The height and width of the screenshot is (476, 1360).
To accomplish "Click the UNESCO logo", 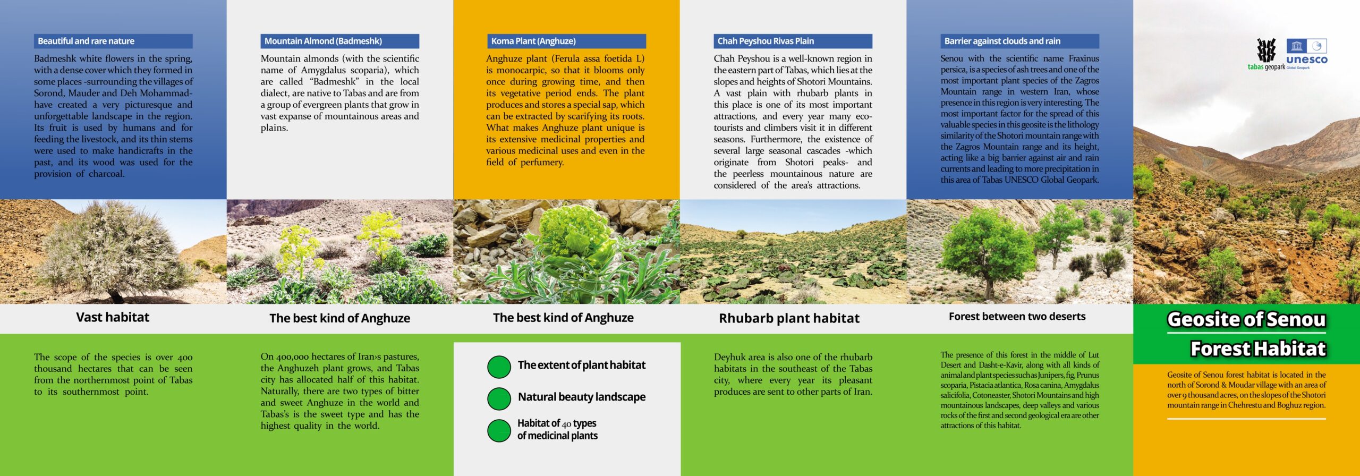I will (x=1306, y=52).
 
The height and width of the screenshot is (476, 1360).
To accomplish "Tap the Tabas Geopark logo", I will (x=1266, y=55).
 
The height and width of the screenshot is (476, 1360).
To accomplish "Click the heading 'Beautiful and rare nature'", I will (x=86, y=41).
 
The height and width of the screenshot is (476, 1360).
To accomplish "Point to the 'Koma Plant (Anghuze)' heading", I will (x=533, y=41).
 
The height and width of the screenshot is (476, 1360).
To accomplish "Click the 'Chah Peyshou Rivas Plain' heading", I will (x=766, y=41).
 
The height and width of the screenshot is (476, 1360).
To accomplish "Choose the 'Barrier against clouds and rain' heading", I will (x=1002, y=41).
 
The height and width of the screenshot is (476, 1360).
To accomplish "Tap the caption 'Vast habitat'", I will (x=113, y=317).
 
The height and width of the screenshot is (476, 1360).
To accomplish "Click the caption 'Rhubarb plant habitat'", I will (x=789, y=318).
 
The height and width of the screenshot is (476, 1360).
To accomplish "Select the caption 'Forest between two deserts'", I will (x=1017, y=317).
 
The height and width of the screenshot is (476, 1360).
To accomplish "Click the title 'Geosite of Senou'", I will (x=1246, y=319).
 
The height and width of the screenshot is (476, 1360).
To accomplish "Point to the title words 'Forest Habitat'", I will (x=1258, y=349).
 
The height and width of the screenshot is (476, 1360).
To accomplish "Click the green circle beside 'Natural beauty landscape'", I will (x=499, y=398).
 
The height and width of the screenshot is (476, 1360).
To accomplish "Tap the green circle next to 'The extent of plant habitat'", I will (x=499, y=367).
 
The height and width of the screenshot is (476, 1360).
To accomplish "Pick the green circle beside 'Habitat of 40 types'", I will (x=499, y=430).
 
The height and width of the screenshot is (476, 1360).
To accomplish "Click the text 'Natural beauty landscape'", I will (x=582, y=397).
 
